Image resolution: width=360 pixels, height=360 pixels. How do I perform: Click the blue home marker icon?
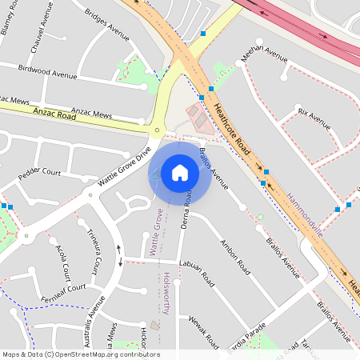[179, 173]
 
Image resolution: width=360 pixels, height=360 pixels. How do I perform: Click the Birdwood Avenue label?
[48, 73]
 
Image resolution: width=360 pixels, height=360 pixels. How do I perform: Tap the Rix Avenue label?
[314, 118]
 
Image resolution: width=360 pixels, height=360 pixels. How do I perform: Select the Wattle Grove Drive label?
[124, 166]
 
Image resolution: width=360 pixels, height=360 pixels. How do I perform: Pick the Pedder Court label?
[40, 171]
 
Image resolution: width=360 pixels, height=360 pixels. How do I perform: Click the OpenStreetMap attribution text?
[81, 354]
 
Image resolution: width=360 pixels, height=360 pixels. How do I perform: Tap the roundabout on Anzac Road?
[158, 130]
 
